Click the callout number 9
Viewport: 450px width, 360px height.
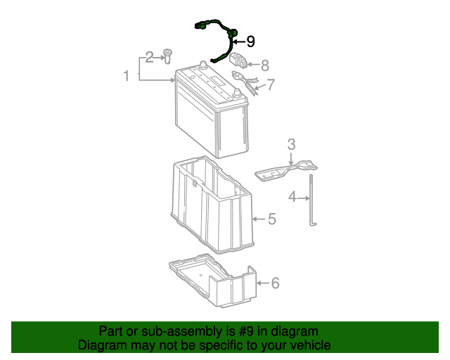tap(250, 41)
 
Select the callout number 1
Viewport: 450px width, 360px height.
tap(127, 76)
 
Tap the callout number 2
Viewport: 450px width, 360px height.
tap(149, 58)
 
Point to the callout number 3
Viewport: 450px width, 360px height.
tap(291, 144)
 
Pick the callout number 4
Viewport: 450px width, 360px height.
tap(292, 197)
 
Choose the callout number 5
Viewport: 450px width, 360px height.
tap(272, 219)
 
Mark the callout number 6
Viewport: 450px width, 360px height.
tap(275, 283)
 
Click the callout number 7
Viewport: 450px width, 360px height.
tap(271, 84)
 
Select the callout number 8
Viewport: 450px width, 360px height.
tap(265, 65)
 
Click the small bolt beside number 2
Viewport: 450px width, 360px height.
tap(167, 56)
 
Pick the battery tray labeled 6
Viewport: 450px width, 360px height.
tap(213, 280)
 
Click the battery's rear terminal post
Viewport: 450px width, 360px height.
tap(203, 65)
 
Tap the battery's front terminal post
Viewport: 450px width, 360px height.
tap(237, 92)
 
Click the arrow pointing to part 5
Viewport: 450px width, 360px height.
tap(259, 219)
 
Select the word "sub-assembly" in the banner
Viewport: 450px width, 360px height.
tap(182, 331)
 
